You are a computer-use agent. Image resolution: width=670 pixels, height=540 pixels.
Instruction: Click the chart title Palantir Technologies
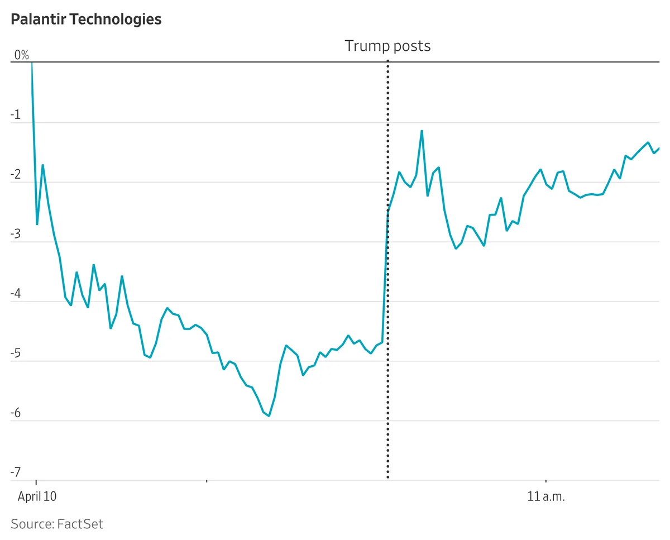86,20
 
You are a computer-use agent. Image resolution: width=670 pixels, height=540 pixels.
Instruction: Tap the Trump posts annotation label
387,46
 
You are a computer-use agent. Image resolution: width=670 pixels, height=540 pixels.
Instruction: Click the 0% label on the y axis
21,55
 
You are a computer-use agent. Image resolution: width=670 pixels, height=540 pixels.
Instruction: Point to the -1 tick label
16,115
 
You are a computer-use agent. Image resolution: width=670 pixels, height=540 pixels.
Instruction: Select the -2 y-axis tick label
16,175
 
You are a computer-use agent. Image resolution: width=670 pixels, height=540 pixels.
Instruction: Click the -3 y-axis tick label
16,235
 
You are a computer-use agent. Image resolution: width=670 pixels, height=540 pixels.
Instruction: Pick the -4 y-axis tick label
16,294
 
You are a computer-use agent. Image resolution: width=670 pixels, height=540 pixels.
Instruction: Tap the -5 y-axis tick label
16,353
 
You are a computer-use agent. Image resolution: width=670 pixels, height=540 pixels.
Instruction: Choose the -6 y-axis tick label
16,413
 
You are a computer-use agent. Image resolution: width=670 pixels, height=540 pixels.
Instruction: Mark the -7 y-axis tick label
16,473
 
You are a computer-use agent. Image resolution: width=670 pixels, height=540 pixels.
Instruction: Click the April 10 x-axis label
37,496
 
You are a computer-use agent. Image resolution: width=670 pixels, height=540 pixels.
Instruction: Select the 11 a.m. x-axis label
545,496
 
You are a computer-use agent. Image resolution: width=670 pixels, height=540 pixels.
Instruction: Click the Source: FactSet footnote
57,524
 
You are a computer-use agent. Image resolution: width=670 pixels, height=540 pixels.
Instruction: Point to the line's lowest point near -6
269,416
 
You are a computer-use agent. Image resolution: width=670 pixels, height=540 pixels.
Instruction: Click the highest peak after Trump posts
422,131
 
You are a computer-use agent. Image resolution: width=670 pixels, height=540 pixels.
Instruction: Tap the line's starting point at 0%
32,63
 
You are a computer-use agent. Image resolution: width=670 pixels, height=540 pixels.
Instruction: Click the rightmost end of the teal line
659,148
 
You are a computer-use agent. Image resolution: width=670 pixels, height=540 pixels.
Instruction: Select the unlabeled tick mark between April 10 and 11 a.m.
207,480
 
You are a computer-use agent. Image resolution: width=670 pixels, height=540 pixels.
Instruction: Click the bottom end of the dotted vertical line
387,477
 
